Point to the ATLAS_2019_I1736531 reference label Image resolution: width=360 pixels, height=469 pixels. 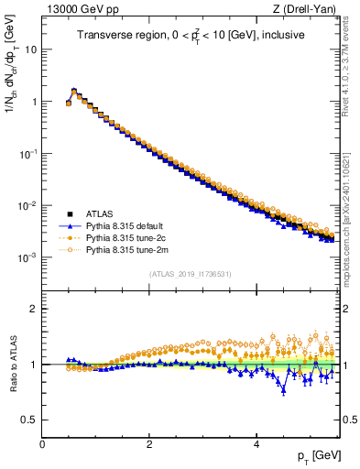click(x=191, y=274)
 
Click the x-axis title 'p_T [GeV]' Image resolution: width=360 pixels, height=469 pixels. click(x=321, y=455)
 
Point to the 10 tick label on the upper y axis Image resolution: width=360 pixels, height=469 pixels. click(x=31, y=49)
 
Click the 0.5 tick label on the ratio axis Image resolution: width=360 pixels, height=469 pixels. click(x=28, y=420)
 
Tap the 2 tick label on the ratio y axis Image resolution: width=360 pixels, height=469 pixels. click(x=34, y=308)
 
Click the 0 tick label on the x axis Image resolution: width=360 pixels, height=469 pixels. click(x=42, y=443)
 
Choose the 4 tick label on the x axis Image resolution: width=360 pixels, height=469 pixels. click(x=256, y=443)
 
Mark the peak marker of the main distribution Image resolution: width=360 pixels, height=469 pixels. click(x=74, y=91)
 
